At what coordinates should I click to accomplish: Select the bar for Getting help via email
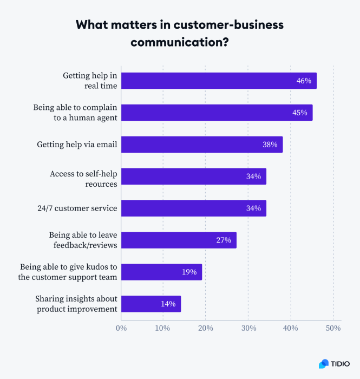[201, 145]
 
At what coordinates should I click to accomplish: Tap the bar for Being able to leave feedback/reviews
[179, 240]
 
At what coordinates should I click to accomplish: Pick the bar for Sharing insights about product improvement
[150, 304]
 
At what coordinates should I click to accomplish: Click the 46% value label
[304, 81]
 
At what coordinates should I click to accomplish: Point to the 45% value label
[299, 113]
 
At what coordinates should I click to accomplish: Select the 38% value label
[270, 145]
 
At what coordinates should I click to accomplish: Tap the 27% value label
[224, 240]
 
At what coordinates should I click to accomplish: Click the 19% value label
[189, 272]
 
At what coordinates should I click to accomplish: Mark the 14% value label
[168, 304]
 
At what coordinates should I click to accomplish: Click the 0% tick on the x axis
[121, 328]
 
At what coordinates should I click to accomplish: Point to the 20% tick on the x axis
[206, 328]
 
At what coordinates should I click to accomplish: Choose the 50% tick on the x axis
[333, 328]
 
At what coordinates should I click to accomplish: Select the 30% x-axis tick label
[248, 328]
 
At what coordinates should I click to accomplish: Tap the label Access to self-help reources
[83, 179]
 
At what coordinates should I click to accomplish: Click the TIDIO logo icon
[324, 364]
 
